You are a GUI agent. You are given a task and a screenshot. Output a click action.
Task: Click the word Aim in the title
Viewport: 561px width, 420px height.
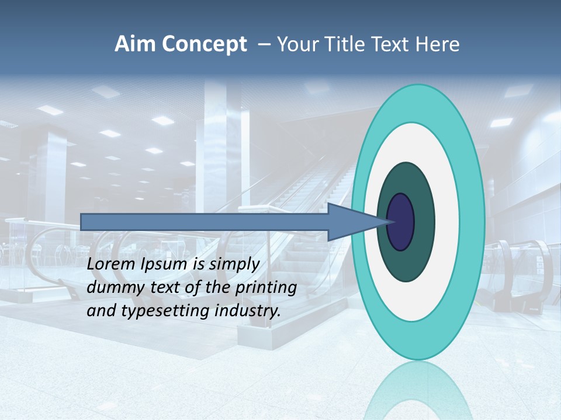136,44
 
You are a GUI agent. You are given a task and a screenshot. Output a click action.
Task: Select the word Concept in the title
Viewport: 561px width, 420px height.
205,45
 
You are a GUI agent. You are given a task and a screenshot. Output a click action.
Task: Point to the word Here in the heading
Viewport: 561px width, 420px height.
438,44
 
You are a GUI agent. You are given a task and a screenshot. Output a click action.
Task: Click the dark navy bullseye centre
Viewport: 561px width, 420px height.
401,222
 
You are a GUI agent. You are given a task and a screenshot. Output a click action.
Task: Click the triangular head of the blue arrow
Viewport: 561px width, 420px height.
351,222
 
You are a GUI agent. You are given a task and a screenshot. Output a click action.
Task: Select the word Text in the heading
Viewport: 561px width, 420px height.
387,44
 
